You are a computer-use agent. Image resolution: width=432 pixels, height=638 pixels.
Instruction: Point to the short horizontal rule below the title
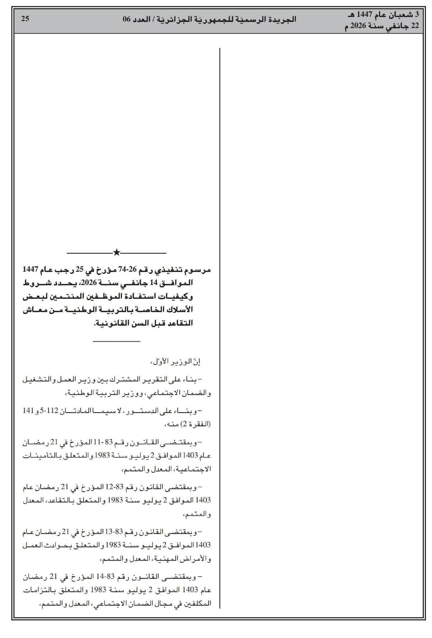coord(116,341)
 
